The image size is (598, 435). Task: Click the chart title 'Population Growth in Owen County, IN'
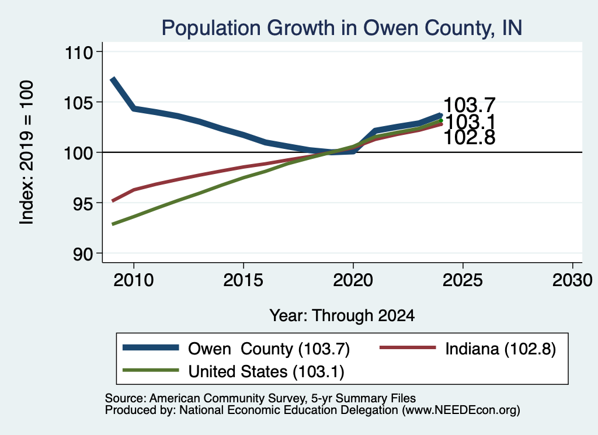(x=342, y=28)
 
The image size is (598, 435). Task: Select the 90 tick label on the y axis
(x=83, y=255)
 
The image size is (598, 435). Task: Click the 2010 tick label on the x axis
(x=134, y=280)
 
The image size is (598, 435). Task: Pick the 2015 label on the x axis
(x=244, y=280)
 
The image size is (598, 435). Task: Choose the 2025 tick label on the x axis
(x=463, y=280)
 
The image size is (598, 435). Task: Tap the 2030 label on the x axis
(x=572, y=280)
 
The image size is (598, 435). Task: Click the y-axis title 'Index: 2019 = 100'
(x=27, y=152)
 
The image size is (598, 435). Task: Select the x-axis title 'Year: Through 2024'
(x=342, y=316)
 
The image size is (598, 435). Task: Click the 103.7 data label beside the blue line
(x=470, y=105)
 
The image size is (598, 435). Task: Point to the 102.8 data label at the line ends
(x=470, y=138)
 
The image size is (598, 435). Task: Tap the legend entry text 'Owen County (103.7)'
(x=269, y=349)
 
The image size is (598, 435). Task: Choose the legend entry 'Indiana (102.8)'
(x=500, y=349)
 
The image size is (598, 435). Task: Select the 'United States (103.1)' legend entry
(x=266, y=371)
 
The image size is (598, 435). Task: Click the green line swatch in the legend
(x=151, y=370)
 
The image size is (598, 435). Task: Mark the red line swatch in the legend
(x=408, y=347)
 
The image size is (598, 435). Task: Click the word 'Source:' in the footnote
(x=126, y=398)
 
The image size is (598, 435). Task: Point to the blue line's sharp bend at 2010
(x=134, y=109)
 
